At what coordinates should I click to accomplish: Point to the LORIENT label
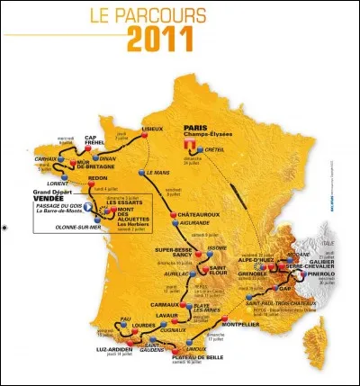tap(58, 183)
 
